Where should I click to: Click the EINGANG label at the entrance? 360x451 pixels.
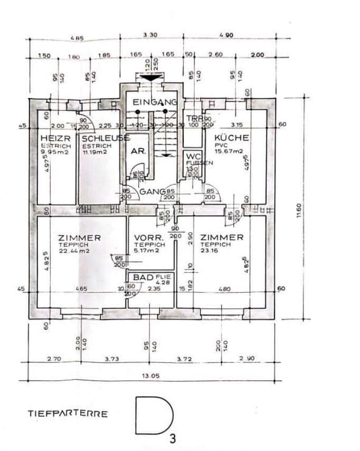coord(155,102)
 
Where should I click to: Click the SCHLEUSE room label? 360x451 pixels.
coord(103,138)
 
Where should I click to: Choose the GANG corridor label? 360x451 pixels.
coord(149,191)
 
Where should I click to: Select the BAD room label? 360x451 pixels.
coord(143,277)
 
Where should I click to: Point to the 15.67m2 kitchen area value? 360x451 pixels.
coord(229,151)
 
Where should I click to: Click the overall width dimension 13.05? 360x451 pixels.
coord(150,377)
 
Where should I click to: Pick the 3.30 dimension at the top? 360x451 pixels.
coord(150,36)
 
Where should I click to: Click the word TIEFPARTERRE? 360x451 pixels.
coord(68,414)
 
